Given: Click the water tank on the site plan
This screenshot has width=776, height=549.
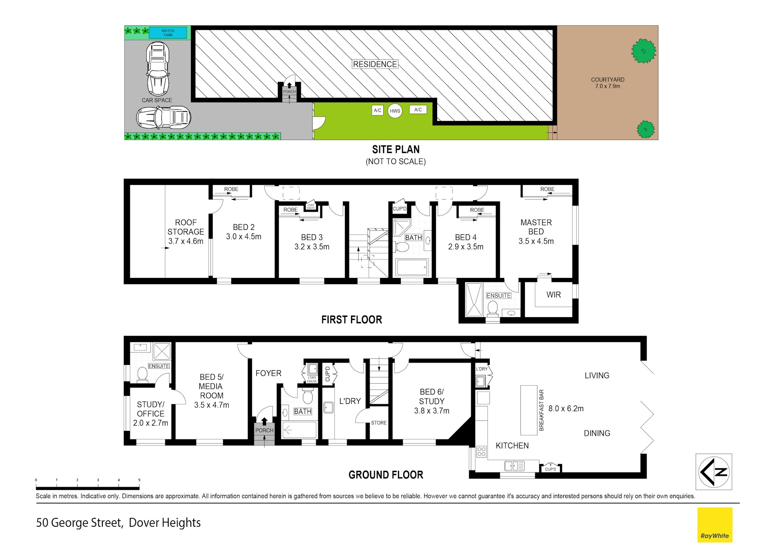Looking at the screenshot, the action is tap(168, 33).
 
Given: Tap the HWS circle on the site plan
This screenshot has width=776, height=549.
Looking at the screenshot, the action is tap(395, 111).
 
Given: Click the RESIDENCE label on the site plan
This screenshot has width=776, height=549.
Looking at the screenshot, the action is tap(375, 64).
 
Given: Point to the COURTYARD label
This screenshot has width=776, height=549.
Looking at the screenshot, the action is tap(607, 80).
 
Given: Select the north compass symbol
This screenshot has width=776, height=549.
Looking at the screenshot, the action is tap(714, 472).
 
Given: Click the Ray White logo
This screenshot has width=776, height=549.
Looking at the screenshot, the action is tap(715, 525).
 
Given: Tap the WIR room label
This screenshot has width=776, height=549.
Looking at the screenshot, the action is tap(554, 295).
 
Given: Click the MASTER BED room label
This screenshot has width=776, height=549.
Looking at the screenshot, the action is tap(536, 227).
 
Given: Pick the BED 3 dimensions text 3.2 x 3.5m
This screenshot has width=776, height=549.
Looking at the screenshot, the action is tap(312, 247).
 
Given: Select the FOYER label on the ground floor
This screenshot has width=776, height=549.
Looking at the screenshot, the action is tap(269, 373).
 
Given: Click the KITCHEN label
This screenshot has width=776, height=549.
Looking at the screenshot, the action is tap(512, 446).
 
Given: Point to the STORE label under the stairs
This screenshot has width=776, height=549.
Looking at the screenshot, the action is tap(379, 423).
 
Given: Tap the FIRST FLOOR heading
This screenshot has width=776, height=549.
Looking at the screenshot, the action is tap(351, 320).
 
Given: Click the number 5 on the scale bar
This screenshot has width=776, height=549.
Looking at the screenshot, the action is tap(139, 480).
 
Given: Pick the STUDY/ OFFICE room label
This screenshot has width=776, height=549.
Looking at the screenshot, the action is tap(150, 409).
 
